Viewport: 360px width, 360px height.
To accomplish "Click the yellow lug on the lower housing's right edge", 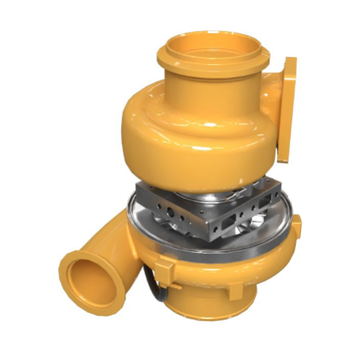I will coord(296,227).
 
